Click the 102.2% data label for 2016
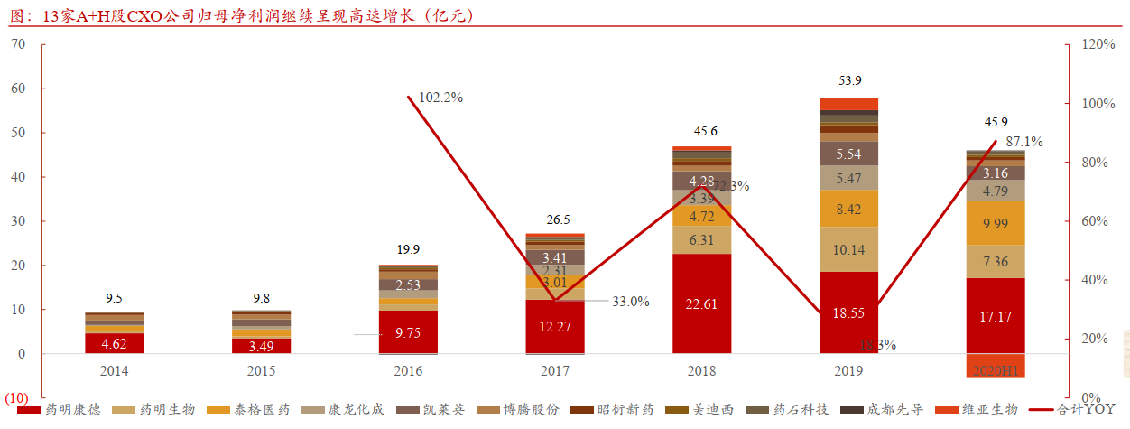[435, 98]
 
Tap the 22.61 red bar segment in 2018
[701, 303]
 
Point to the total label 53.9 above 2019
[849, 80]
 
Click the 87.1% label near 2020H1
[1023, 142]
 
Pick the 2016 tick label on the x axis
[408, 370]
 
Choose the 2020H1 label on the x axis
[996, 370]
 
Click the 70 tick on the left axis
[18, 45]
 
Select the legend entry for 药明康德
[64, 409]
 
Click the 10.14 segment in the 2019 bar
[848, 249]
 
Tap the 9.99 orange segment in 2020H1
[996, 223]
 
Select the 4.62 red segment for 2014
[114, 343]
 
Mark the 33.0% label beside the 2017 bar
[631, 302]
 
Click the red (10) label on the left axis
[17, 398]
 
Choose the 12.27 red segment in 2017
[555, 326]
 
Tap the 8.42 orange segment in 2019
[848, 209]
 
